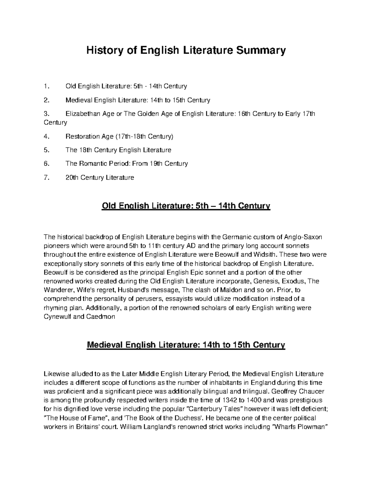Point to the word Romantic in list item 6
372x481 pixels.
click(92, 164)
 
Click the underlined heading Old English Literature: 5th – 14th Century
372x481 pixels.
click(186, 206)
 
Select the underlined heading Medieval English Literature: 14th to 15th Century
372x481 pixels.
click(186, 345)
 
